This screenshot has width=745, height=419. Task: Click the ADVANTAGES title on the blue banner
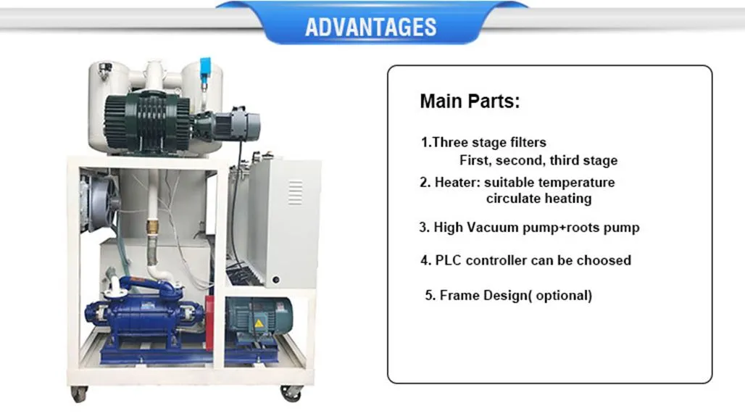[370, 28]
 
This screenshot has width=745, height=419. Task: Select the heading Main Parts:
[470, 101]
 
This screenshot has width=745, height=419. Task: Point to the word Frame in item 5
[458, 296]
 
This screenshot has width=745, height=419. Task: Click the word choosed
[604, 260]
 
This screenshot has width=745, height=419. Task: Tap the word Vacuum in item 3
[491, 228]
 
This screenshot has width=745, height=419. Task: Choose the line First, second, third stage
[538, 160]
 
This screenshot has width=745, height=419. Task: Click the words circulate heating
[538, 199]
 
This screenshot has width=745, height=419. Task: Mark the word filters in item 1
[523, 143]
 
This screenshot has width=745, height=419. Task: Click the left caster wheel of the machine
[78, 394]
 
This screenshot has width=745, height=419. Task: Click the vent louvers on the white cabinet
[295, 192]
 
